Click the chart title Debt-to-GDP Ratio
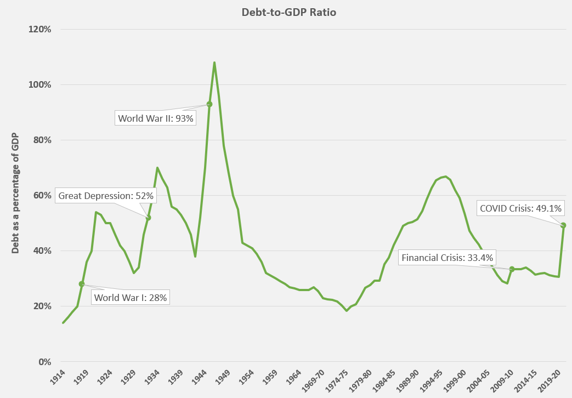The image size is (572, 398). tap(286, 12)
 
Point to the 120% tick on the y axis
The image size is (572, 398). tap(40, 29)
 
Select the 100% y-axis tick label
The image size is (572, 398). tap(40, 84)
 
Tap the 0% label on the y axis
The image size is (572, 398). tap(44, 362)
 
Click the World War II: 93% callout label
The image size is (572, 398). tap(156, 118)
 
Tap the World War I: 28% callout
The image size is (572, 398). tap(130, 298)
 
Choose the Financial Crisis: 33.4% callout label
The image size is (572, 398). tap(448, 258)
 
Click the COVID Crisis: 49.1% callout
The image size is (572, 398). tap(522, 208)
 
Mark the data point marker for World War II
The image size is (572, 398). tap(209, 104)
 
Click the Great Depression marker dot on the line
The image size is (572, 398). tap(148, 218)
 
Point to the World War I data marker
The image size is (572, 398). tap(82, 284)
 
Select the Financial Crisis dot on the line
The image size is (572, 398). tap(512, 269)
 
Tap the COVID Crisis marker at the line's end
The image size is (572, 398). tap(563, 225)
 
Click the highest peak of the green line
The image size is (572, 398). tap(214, 62)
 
